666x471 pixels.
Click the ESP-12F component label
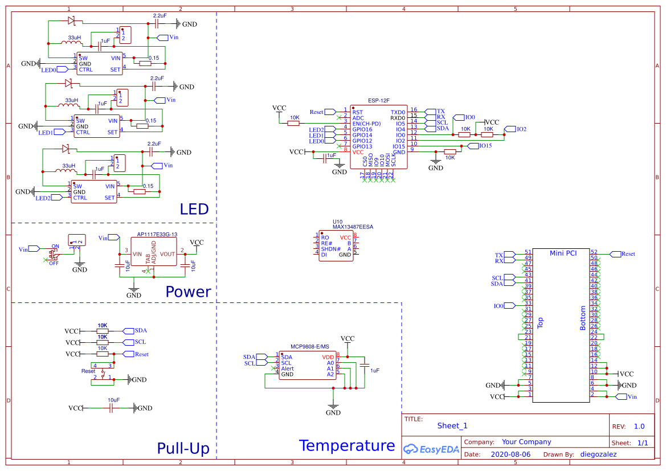point(379,100)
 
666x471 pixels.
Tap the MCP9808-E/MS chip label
point(310,346)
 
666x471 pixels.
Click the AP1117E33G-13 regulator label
point(157,235)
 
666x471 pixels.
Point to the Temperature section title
point(346,445)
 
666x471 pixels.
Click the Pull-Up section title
point(183,448)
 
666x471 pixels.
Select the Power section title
point(188,292)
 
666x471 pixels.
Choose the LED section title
point(194,209)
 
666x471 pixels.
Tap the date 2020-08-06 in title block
point(510,454)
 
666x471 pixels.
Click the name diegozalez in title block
point(598,454)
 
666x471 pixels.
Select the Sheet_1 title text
point(452,425)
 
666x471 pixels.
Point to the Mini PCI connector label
point(563,253)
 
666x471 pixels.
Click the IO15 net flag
point(484,146)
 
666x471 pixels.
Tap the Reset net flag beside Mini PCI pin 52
point(627,254)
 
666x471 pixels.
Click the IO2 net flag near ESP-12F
point(520,129)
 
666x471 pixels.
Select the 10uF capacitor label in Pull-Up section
point(113,400)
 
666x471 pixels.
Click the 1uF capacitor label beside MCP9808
point(374,370)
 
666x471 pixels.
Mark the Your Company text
point(526,442)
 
